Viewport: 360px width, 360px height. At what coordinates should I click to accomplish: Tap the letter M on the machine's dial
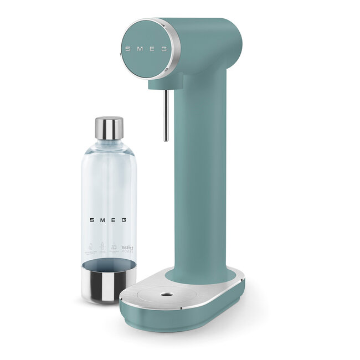click(139, 49)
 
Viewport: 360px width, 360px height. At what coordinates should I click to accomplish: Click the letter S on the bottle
click(92, 220)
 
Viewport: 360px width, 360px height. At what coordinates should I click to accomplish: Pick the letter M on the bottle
click(102, 220)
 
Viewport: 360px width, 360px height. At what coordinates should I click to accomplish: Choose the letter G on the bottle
click(124, 220)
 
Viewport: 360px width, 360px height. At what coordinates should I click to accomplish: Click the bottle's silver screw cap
click(109, 128)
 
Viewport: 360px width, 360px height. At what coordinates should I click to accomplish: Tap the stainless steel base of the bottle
click(109, 282)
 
